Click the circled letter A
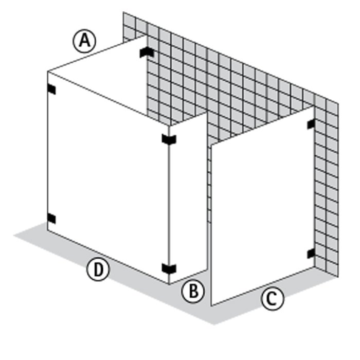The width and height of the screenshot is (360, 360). coord(84,41)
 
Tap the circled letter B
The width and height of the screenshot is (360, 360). coord(193,291)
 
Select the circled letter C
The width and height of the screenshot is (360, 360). coord(273,298)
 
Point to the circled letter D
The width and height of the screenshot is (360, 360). coord(98,269)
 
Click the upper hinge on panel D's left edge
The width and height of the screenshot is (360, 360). coord(51,89)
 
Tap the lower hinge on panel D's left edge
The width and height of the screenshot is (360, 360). coord(51,219)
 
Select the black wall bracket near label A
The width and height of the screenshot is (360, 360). coord(147,52)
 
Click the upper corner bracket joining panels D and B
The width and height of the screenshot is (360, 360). coord(169,139)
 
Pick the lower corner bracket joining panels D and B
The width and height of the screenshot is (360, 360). coord(169,268)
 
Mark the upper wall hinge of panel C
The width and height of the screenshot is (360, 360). coord(311,124)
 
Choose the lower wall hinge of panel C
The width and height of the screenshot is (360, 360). coord(311,254)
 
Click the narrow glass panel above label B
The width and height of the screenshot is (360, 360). coord(188,197)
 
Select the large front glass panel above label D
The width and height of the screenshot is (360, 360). coord(108,177)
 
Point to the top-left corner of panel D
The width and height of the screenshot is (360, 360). coord(47,71)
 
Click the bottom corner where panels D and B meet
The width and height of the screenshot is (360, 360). coord(169,284)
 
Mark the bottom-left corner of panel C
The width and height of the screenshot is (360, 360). coord(211,306)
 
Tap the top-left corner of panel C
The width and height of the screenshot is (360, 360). coord(211,145)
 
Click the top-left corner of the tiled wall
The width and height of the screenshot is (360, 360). coord(123,12)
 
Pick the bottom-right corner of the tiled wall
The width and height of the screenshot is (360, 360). coord(338,277)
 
